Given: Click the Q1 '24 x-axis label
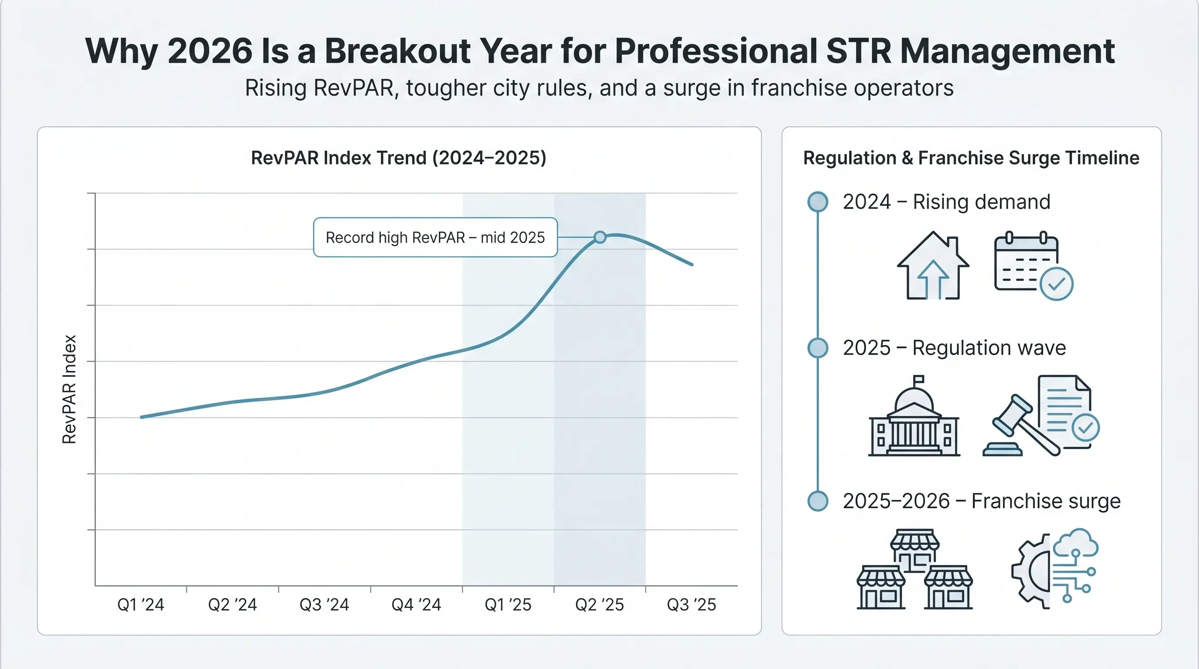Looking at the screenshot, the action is pyautogui.click(x=141, y=605).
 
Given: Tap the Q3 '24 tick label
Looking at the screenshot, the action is pyautogui.click(x=324, y=605).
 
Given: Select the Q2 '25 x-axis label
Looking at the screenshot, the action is pyautogui.click(x=599, y=605).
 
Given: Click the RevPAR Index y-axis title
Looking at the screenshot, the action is pyautogui.click(x=69, y=389).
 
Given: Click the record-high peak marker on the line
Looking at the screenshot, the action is pyautogui.click(x=600, y=237).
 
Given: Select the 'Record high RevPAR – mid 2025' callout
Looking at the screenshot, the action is pyautogui.click(x=435, y=237).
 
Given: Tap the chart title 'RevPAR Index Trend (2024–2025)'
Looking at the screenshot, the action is pyautogui.click(x=398, y=158).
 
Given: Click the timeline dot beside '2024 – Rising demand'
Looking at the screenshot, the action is pyautogui.click(x=818, y=202).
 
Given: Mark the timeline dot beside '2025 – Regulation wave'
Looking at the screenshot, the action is pyautogui.click(x=818, y=348).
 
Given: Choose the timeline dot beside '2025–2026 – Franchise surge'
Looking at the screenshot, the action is pyautogui.click(x=818, y=501).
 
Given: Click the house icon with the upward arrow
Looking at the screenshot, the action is pyautogui.click(x=933, y=265).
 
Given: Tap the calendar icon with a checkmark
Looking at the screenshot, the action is pyautogui.click(x=1033, y=266).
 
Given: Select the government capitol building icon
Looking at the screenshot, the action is pyautogui.click(x=914, y=416).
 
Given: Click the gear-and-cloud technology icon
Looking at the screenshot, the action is pyautogui.click(x=1055, y=568).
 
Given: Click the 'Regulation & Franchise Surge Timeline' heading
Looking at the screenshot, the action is pyautogui.click(x=972, y=158).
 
